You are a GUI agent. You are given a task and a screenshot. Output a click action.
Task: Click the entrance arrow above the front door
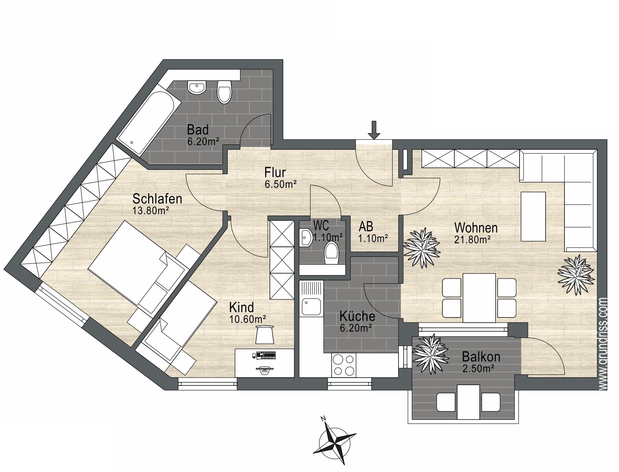[374, 130]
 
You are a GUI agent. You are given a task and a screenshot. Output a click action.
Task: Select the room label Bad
[198, 130]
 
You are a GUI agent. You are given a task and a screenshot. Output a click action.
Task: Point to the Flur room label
[275, 172]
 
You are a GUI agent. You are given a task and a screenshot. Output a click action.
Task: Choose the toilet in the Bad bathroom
[225, 92]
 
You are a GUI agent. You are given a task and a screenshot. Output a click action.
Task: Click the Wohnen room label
[476, 228]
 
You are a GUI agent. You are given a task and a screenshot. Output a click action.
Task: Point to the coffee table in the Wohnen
[533, 216]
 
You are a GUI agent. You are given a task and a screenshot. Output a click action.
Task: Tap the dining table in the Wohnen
[479, 298]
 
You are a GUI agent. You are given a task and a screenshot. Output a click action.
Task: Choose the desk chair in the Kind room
[265, 334]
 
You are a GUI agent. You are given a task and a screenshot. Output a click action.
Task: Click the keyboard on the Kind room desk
[266, 355]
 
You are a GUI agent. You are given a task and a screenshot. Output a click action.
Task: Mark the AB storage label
[366, 227]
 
